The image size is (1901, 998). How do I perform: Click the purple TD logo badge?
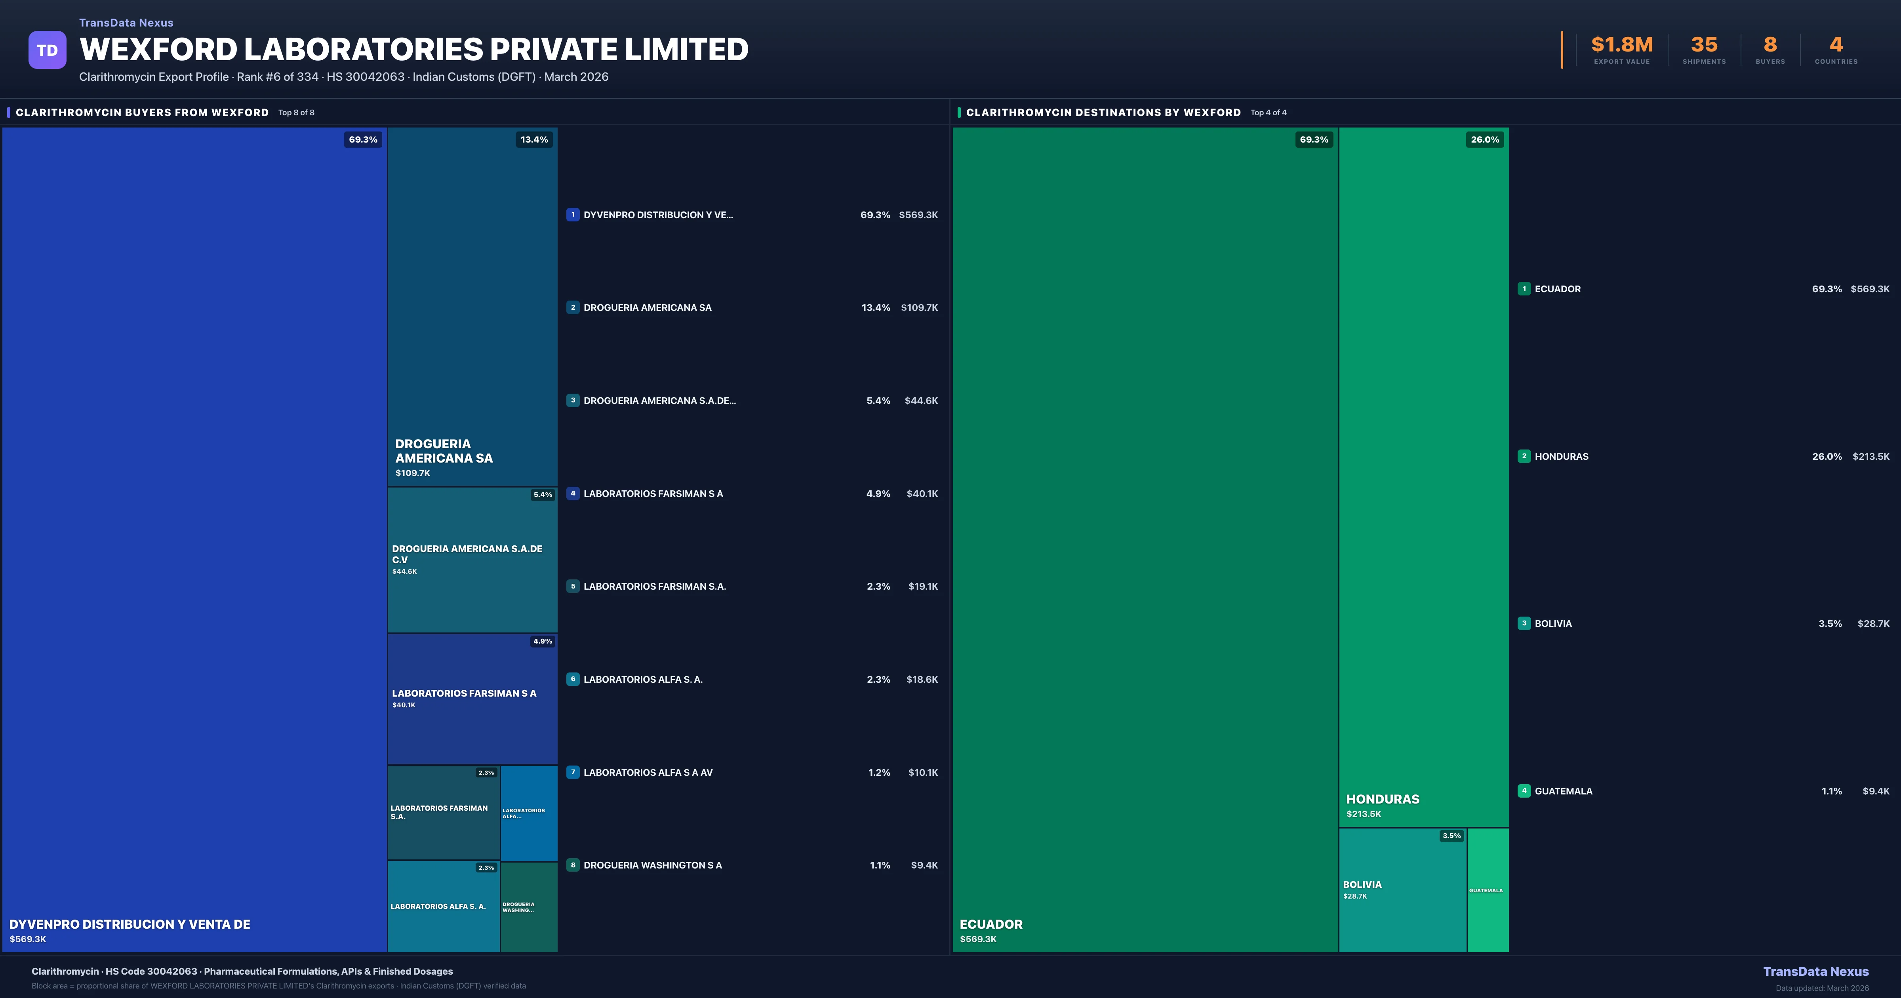click(47, 50)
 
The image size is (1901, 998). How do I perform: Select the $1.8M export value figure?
click(1621, 45)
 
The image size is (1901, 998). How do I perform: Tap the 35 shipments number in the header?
click(1704, 45)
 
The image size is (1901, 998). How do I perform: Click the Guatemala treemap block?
click(1487, 889)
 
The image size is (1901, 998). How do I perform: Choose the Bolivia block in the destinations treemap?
click(1402, 889)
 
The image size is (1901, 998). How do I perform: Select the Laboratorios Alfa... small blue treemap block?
click(528, 813)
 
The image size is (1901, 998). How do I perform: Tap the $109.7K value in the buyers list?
click(919, 308)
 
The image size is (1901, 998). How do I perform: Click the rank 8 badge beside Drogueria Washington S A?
click(573, 865)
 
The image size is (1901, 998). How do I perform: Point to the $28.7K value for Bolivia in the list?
click(1873, 624)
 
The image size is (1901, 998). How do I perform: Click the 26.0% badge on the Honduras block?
click(1485, 139)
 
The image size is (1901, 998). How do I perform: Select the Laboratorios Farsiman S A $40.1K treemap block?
click(472, 698)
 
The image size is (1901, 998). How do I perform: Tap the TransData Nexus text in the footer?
click(1815, 971)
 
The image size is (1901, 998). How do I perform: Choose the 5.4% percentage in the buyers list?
click(878, 401)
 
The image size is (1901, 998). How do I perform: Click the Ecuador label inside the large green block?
click(991, 924)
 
